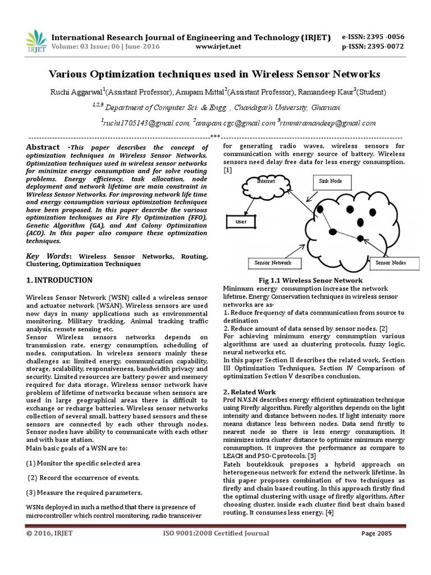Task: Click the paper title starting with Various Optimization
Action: coord(215,74)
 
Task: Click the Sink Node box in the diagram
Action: coord(332,182)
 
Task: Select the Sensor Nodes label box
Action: coord(391,262)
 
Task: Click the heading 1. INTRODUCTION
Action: coord(59,280)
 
